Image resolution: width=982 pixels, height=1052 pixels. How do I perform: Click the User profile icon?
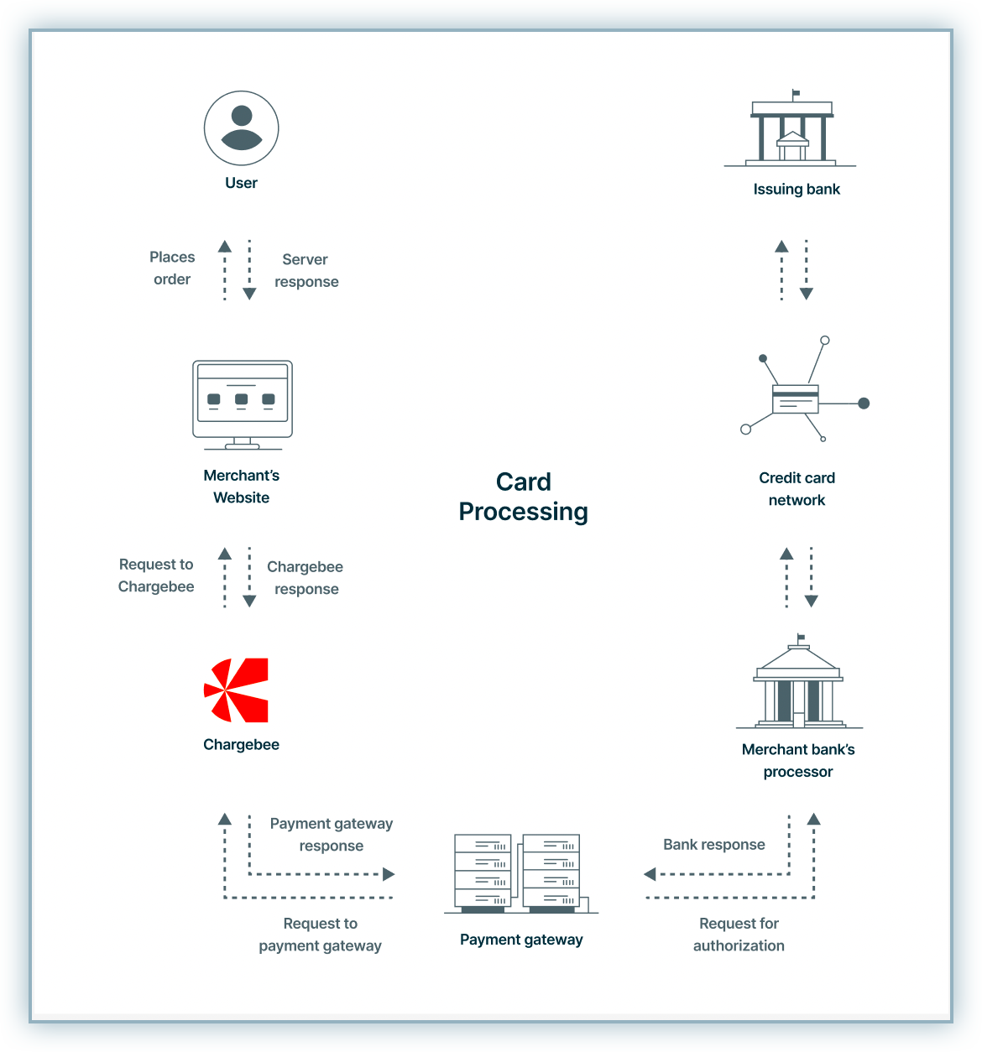coord(241,128)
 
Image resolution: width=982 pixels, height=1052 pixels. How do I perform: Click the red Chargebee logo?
coord(238,690)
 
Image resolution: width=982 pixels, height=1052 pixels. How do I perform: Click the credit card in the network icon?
coord(795,399)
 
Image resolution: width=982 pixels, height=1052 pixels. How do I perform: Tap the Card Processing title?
coord(524,497)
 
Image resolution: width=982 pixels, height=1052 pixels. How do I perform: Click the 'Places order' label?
coord(172,268)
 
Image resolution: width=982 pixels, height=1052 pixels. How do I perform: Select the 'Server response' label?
coord(306,271)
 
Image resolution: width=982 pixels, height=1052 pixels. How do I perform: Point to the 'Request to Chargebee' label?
coord(156,575)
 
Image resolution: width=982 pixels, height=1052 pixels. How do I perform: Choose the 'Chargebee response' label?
coord(306,578)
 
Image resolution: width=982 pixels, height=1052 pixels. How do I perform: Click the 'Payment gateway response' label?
coord(332,835)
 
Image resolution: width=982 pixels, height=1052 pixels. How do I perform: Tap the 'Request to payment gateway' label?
coord(320,935)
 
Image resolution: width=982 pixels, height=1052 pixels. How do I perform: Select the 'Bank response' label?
coord(714,845)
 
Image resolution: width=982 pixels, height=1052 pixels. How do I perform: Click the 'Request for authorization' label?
coord(739,935)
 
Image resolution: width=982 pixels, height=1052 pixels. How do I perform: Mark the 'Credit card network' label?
coord(797,489)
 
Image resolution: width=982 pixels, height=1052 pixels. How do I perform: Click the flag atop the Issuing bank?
coord(796,93)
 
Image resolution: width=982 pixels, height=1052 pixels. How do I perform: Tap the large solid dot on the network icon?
coord(864,404)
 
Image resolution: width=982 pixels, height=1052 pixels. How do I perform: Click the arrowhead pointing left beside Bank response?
coord(650,874)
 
